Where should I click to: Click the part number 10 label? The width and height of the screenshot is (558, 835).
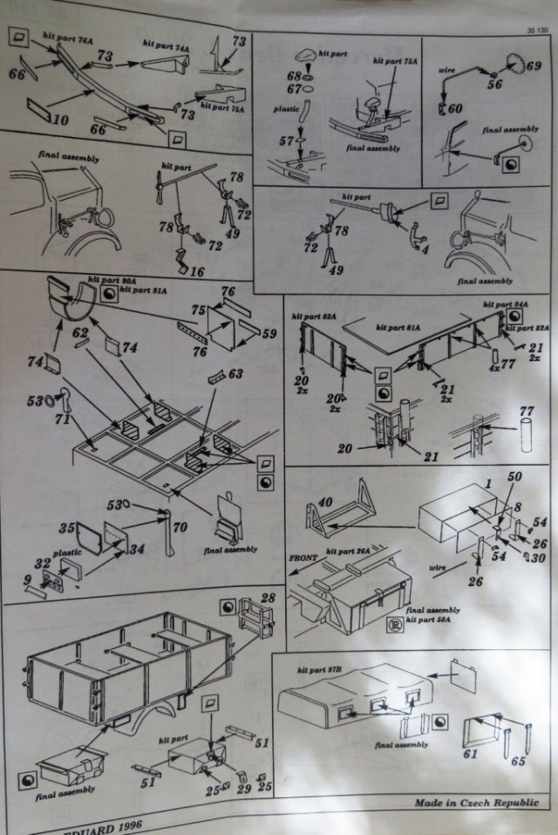[61, 119]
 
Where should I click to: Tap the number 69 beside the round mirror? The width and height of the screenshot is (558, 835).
[534, 66]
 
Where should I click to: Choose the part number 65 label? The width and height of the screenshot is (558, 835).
[518, 761]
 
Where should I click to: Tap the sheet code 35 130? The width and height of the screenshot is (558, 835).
[536, 30]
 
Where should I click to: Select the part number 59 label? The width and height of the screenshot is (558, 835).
[269, 332]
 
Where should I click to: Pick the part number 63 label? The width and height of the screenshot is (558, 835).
[235, 375]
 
